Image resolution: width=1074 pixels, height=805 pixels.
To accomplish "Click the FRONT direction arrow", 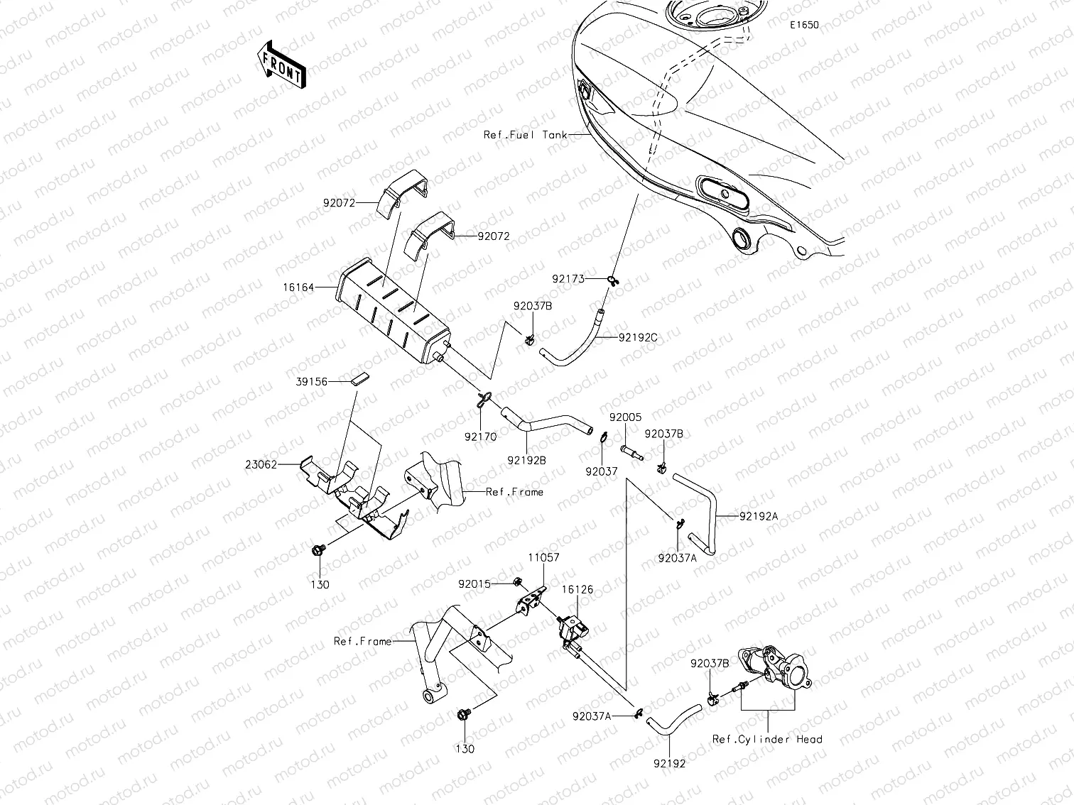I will point(281,64).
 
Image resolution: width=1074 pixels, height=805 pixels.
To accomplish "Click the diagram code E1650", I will point(805,25).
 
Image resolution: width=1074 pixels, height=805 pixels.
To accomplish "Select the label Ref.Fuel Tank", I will point(525,135).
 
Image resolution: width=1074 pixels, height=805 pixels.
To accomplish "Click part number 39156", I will point(312,382).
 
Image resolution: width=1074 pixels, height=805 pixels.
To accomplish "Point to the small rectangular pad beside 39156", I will point(360,378).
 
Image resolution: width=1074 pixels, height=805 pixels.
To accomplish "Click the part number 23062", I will point(262,465).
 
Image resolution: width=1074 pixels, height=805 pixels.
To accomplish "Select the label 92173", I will point(569,279).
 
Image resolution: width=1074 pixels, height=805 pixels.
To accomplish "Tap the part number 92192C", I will point(637,338).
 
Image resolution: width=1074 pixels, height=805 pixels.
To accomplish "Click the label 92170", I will point(481,437).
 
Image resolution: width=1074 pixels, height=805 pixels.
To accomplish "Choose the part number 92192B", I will point(526,460).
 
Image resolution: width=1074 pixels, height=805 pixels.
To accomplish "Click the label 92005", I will point(625,418).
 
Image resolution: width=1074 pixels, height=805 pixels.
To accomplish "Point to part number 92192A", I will point(758,517).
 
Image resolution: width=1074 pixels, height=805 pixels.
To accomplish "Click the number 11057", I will point(543,558).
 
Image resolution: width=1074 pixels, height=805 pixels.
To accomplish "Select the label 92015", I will point(474,584).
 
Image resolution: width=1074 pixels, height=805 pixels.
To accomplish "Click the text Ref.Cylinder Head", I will point(767,739).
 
